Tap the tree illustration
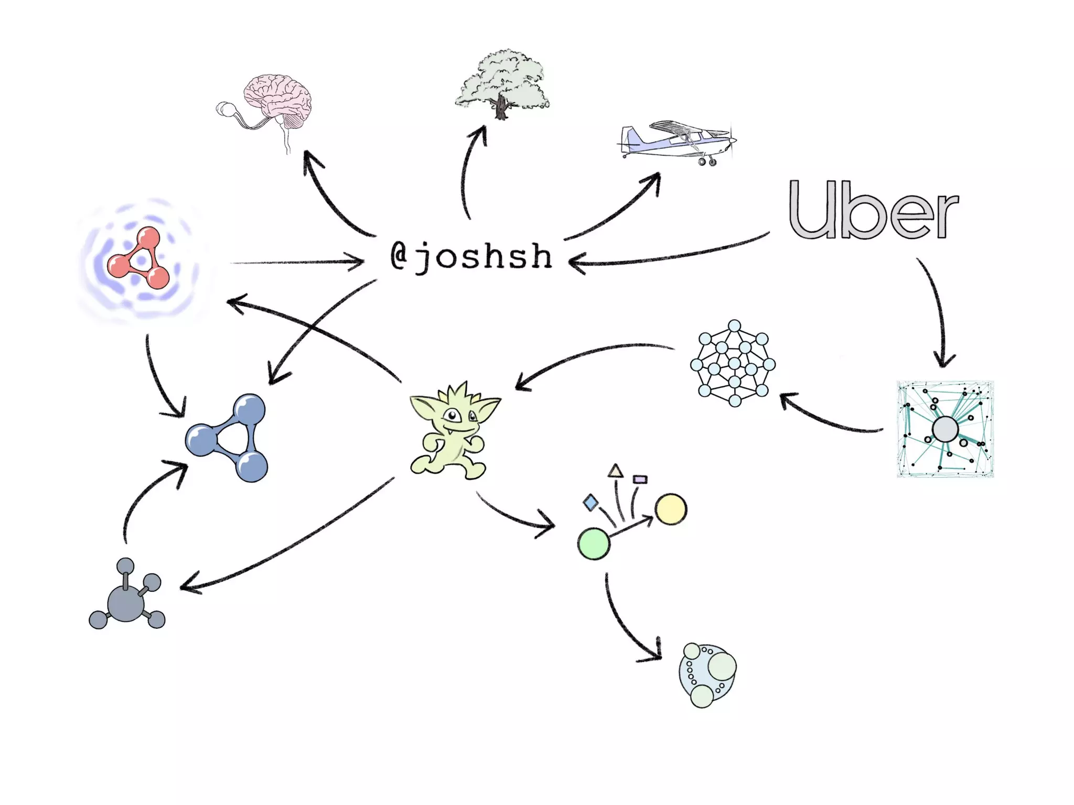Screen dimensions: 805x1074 pyautogui.click(x=502, y=84)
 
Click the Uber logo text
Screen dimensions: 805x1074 pyautogui.click(x=873, y=210)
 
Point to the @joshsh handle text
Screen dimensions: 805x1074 pyautogui.click(x=471, y=257)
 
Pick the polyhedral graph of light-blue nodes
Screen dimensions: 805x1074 pyautogui.click(x=733, y=363)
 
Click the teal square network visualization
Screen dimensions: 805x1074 pyautogui.click(x=945, y=429)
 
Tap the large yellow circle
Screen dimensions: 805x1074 pyautogui.click(x=671, y=509)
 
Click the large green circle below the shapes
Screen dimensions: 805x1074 pyautogui.click(x=594, y=544)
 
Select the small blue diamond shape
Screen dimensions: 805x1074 pyautogui.click(x=591, y=503)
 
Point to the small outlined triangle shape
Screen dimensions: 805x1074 pyautogui.click(x=616, y=471)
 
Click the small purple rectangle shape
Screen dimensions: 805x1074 pyautogui.click(x=640, y=479)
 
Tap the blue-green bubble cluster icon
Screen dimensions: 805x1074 pyautogui.click(x=707, y=675)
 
